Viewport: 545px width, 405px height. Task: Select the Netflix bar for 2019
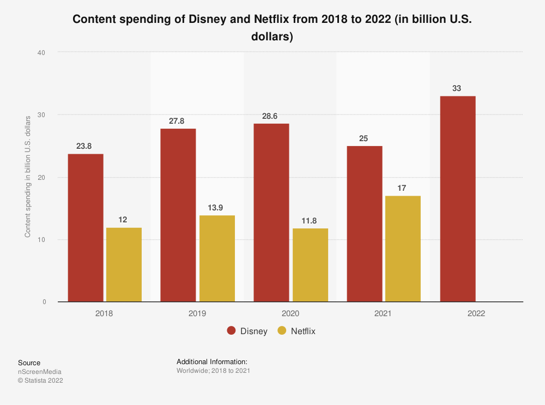click(x=217, y=258)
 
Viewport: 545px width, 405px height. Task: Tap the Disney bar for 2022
click(x=458, y=199)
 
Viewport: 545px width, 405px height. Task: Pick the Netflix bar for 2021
click(x=403, y=249)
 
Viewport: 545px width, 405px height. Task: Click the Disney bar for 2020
click(x=271, y=213)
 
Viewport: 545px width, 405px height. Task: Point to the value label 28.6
click(x=271, y=116)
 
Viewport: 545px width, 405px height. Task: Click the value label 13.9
click(x=217, y=208)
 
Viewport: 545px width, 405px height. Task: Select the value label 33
click(x=457, y=88)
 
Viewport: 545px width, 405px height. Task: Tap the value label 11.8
click(x=310, y=220)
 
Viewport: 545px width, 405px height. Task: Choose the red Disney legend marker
click(x=232, y=331)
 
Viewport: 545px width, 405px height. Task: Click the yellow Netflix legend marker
click(x=282, y=331)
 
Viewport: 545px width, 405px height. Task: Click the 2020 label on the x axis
click(x=290, y=314)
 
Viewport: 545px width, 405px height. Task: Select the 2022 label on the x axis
click(x=476, y=314)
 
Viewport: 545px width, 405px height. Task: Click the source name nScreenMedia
click(x=40, y=372)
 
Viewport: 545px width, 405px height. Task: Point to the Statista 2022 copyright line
click(x=40, y=380)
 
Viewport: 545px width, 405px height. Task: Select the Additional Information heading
click(x=212, y=361)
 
